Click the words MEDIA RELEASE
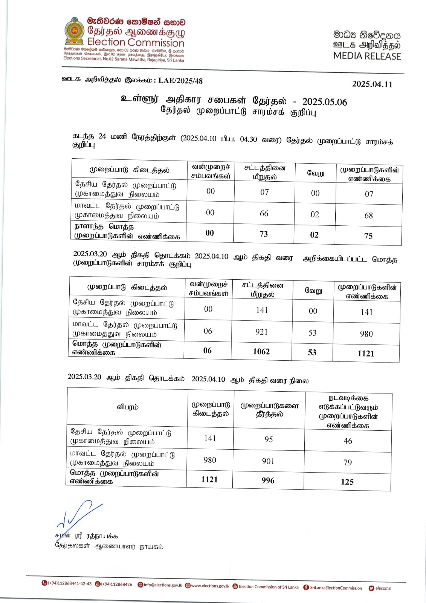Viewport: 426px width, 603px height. (367, 56)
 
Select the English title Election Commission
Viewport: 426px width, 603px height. (136, 42)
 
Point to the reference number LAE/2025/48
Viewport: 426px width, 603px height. (180, 81)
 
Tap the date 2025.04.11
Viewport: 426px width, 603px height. (372, 84)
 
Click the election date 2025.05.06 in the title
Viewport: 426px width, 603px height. (324, 102)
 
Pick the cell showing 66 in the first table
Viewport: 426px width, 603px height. (264, 213)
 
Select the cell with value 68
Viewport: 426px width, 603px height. (368, 216)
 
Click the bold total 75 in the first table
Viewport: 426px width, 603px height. (368, 236)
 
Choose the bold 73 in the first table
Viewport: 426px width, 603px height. (264, 234)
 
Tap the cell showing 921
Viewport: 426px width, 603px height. (261, 332)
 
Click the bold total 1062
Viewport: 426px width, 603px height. (261, 352)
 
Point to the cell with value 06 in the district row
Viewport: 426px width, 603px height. (208, 331)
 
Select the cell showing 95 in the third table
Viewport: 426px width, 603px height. (269, 439)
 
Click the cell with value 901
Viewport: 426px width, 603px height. (268, 461)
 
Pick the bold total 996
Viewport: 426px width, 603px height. (268, 481)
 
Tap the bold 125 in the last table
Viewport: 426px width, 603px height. (347, 482)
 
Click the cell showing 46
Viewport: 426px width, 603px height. (348, 441)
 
